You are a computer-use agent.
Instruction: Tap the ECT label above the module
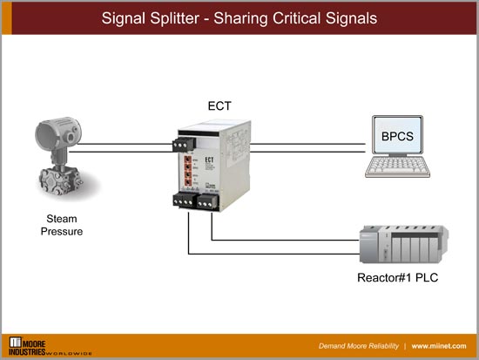pos(219,106)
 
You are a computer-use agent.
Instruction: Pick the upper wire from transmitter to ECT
pos(131,142)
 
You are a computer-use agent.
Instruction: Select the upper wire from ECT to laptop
pos(305,142)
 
